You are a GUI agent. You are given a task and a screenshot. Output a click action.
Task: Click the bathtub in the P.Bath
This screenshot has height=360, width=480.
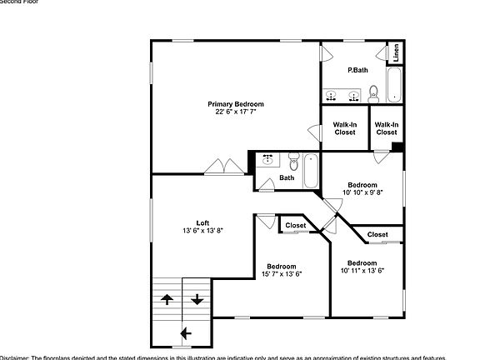click(396, 84)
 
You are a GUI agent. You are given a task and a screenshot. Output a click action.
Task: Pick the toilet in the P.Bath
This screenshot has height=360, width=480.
click(374, 92)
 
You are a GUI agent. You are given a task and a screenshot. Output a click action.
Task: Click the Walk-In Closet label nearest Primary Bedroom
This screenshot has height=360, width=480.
click(345, 128)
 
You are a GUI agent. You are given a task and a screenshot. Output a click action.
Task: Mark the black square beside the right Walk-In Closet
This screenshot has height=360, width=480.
click(397, 147)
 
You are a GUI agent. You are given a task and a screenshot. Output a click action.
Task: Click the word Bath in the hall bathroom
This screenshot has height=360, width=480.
click(287, 177)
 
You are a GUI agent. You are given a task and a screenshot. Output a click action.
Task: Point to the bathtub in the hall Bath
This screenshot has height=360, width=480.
click(311, 170)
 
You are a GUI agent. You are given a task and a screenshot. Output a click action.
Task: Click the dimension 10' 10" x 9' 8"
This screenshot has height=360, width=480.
click(362, 192)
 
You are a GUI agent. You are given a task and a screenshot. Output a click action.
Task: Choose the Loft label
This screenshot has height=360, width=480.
click(202, 222)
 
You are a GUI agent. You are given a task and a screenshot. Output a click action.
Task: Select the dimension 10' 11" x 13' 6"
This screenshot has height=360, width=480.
click(362, 270)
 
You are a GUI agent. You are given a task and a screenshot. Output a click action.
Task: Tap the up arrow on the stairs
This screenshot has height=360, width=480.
click(167, 299)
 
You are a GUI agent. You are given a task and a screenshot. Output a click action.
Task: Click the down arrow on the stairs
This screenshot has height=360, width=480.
click(197, 299)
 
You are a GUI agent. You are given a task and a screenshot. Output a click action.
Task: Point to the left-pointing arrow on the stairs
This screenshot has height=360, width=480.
click(184, 334)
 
